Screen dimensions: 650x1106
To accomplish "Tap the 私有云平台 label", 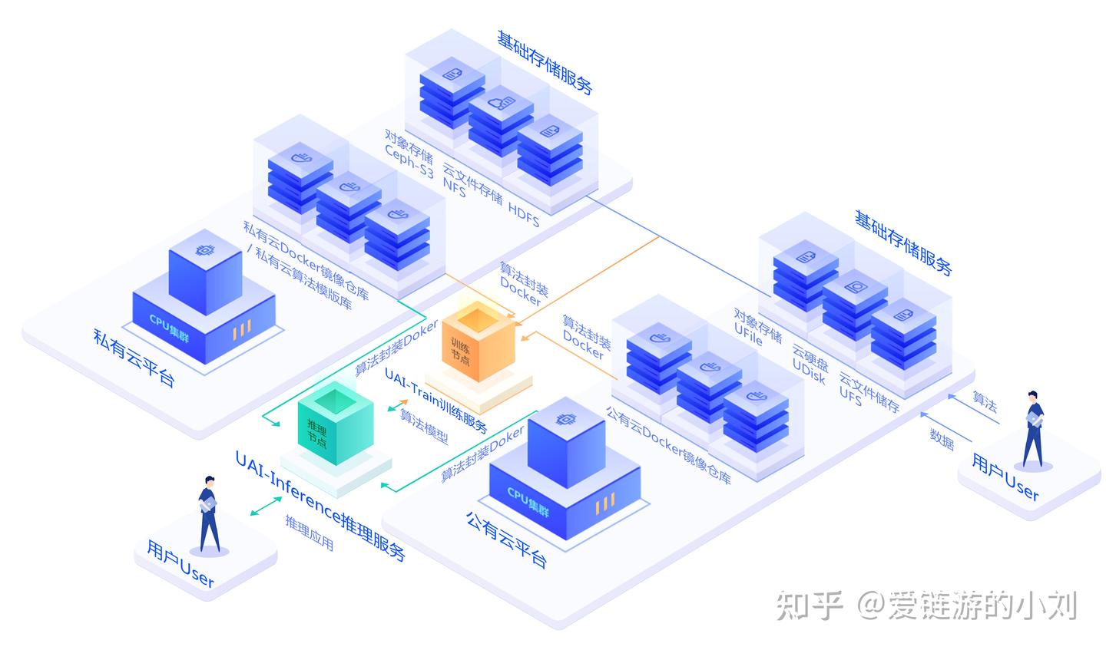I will [134, 358].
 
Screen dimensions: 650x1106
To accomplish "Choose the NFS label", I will [454, 188].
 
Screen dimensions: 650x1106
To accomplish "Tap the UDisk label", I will [808, 371].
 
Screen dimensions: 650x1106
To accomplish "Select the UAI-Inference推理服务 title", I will [320, 506].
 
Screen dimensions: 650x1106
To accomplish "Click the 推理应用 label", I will [310, 533].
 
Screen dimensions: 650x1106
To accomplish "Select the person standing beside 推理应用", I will [208, 513].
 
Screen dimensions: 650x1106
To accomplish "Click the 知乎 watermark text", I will [809, 605].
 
